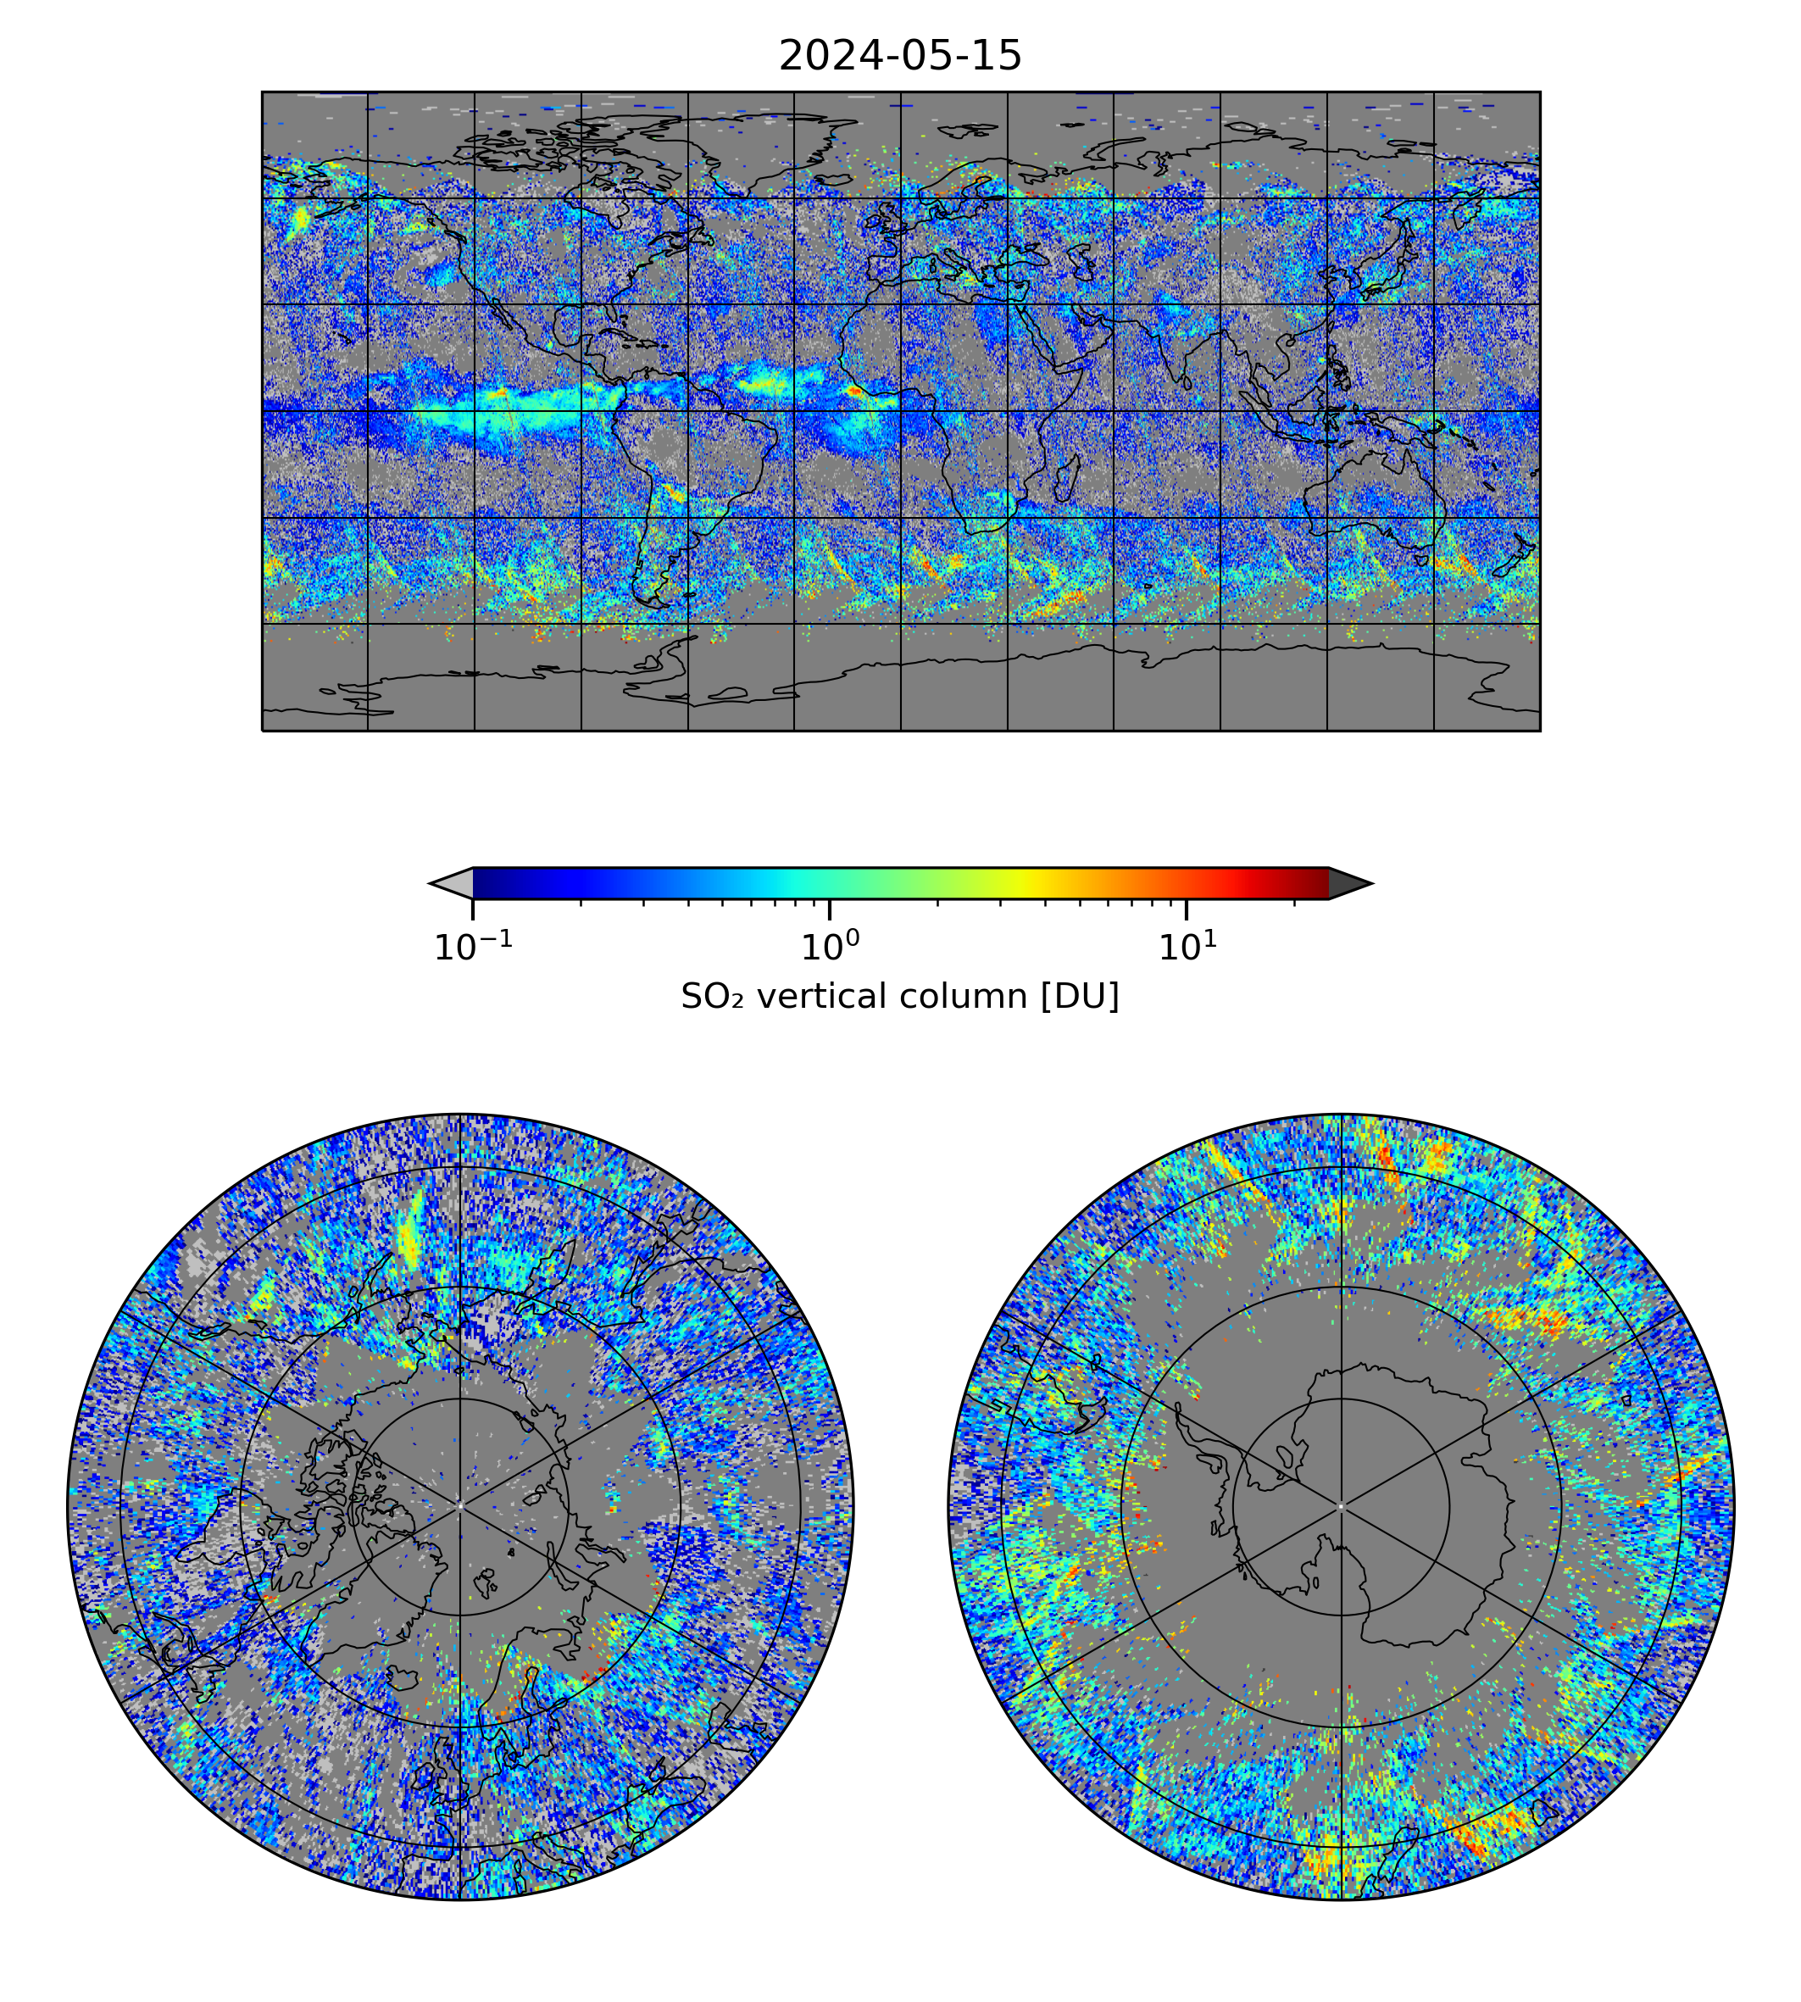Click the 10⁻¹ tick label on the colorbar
point(473,947)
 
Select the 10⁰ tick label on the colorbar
point(829,947)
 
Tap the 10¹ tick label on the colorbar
point(1187,947)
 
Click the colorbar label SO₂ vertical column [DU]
point(899,997)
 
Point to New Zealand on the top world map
point(1514,559)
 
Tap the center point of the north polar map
point(460,1506)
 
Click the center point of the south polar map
point(1341,1506)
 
